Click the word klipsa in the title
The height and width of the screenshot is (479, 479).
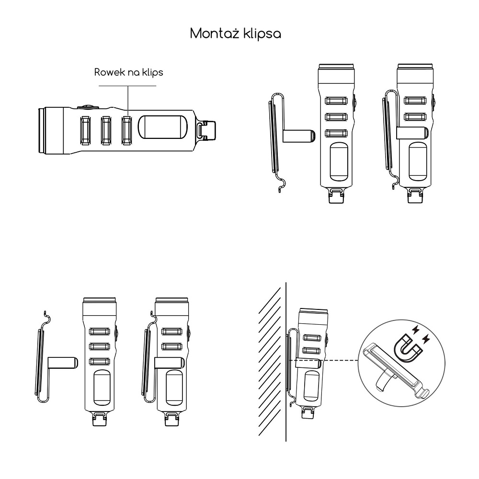coord(262,34)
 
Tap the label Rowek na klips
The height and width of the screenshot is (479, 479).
coord(128,73)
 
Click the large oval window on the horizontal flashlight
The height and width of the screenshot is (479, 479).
coord(162,127)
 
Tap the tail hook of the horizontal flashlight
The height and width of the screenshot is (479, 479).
coord(206,131)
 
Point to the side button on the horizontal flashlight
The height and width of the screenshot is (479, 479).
coord(88,107)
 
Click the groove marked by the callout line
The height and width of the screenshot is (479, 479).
coord(127,130)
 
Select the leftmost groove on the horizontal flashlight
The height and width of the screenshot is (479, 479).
coord(85,130)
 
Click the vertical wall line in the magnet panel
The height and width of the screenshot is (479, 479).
coord(286,362)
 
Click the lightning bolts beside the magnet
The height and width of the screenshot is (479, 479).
coord(421,334)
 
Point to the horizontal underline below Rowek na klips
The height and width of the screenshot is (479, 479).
coord(127,86)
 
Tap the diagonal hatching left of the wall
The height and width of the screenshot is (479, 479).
coord(270,362)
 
